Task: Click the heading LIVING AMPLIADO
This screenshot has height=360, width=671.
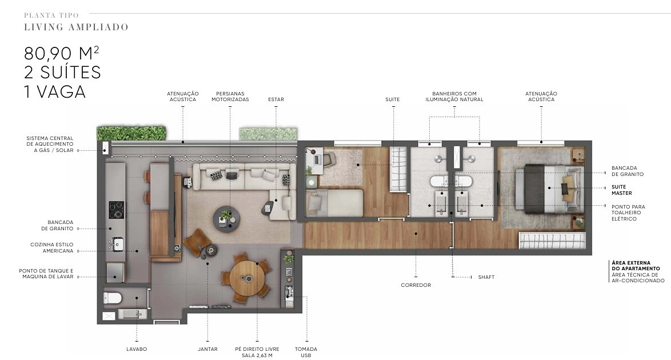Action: (76, 27)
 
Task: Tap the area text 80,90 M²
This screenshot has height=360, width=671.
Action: (62, 53)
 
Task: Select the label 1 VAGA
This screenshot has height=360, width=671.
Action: (55, 91)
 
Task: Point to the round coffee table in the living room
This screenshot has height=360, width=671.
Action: (226, 219)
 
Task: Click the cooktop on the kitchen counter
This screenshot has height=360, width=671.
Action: (117, 210)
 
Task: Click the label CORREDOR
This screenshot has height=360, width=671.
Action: (416, 285)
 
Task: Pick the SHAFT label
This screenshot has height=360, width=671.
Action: (486, 277)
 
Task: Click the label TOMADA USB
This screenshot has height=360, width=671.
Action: (306, 353)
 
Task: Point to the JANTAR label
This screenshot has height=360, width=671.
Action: (207, 349)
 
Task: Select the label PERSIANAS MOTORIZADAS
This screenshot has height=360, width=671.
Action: (230, 97)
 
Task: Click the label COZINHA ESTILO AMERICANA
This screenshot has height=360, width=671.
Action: (52, 248)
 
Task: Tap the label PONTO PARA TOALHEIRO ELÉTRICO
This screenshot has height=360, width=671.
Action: (628, 213)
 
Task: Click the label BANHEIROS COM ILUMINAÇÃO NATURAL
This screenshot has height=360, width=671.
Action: (454, 97)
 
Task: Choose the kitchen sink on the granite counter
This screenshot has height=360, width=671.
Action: (117, 245)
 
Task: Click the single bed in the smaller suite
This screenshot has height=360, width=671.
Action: (335, 203)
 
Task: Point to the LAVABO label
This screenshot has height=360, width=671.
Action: (137, 349)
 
